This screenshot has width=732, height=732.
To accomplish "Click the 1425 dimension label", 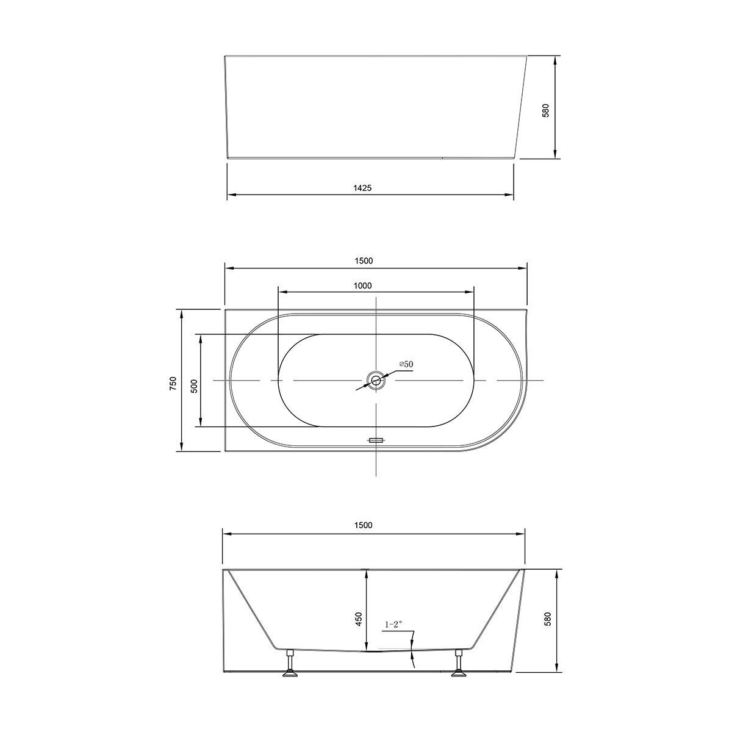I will pyautogui.click(x=362, y=188).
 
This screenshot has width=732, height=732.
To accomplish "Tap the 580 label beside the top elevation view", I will pyautogui.click(x=546, y=110).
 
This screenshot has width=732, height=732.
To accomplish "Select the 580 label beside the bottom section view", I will pyautogui.click(x=547, y=619).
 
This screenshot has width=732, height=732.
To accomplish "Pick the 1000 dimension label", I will pyautogui.click(x=362, y=285).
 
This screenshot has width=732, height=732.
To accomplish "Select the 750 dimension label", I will pyautogui.click(x=173, y=383).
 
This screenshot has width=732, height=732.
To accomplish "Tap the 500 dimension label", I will pyautogui.click(x=194, y=386).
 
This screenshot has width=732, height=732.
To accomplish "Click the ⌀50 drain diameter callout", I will pyautogui.click(x=406, y=364).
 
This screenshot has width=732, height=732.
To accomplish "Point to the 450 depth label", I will pyautogui.click(x=359, y=619).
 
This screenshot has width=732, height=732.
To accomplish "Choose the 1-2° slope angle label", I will pyautogui.click(x=393, y=624).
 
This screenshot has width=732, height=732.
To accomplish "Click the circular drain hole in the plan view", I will pyautogui.click(x=375, y=381).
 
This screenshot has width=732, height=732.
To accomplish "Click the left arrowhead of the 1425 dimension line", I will pyautogui.click(x=231, y=195).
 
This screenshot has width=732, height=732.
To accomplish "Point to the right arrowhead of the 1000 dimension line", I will pyautogui.click(x=470, y=292).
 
